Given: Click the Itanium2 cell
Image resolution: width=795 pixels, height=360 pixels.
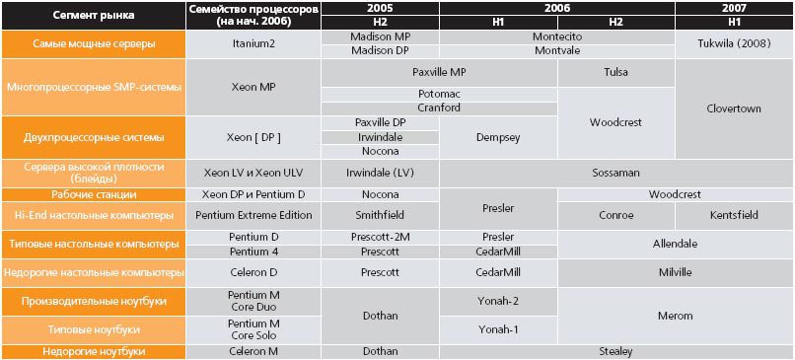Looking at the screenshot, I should click(253, 44).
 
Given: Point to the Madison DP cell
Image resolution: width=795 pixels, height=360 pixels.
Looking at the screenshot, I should click(380, 51).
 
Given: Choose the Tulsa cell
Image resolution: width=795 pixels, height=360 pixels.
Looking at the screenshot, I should click(615, 73).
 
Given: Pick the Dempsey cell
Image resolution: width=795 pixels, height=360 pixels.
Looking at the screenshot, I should click(498, 137).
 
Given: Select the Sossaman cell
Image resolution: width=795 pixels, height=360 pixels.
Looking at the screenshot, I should click(615, 171).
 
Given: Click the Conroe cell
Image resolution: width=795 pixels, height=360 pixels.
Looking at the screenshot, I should click(615, 214).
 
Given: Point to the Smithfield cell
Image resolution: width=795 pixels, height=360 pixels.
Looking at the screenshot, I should click(380, 214).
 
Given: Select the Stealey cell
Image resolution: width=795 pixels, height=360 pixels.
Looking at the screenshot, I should click(615, 350).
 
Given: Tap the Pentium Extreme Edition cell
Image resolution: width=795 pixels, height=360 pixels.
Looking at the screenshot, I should click(253, 214).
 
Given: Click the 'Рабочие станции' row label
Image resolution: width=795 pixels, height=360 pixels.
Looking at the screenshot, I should click(93, 194).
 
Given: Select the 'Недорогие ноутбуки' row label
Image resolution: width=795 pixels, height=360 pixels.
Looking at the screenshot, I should click(93, 350).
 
